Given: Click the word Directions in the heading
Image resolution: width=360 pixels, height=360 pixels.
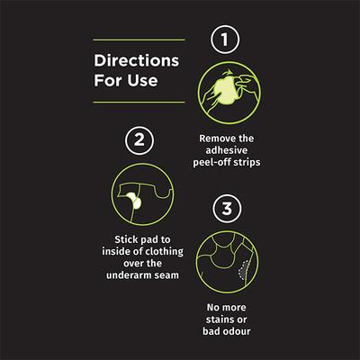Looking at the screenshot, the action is tap(137, 60).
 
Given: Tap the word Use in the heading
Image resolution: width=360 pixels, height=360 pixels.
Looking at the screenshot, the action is tap(142, 80).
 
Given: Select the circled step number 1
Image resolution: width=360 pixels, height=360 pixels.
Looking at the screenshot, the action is tap(225, 40).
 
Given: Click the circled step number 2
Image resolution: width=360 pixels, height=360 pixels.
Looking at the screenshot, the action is tap(139, 140).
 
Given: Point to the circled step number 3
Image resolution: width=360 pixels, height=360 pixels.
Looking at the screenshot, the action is tap(227, 209).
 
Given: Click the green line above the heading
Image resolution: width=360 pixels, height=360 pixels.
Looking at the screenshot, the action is tap(139, 40).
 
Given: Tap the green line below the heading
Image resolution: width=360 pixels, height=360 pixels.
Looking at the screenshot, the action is tap(139, 103).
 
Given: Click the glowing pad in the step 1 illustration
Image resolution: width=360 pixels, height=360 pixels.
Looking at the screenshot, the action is tap(226, 90).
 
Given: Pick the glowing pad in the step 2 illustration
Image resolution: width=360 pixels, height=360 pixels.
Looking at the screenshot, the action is tap(134, 200).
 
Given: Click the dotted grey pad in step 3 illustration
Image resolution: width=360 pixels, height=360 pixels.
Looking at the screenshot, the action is tap(245, 270).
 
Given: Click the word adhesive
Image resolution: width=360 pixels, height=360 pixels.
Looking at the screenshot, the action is tap(227, 150).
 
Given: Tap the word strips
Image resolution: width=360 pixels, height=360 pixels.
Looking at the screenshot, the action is tap(247, 162).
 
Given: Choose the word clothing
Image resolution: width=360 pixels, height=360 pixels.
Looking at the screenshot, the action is tap(164, 251).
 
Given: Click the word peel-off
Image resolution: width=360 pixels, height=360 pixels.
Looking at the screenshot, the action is tap(212, 162).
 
